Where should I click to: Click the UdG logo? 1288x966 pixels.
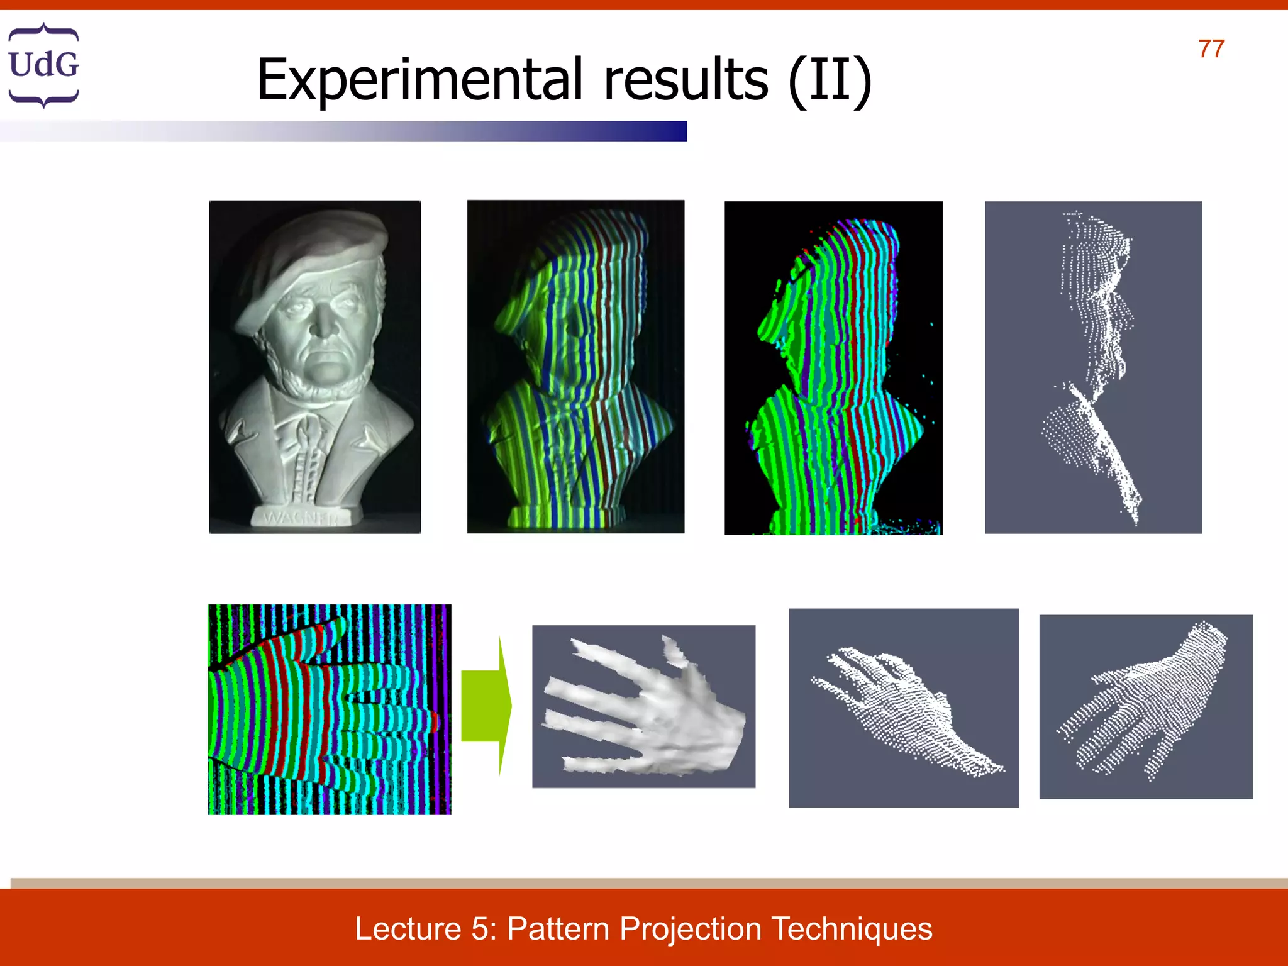coord(43,65)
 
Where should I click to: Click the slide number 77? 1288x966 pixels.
coord(1211,49)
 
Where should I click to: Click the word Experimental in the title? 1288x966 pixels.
coord(419,80)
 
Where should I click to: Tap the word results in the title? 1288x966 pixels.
coord(686,80)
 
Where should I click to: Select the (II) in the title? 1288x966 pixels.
coord(830,81)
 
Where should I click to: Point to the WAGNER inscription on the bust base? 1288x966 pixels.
coord(301,518)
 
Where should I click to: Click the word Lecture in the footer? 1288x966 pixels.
coord(408,929)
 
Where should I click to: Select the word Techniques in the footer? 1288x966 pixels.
coord(852,929)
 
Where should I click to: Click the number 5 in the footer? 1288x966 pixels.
coord(481,929)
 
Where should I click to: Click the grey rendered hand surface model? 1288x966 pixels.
coord(643,706)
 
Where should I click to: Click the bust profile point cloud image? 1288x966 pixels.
coord(1093,367)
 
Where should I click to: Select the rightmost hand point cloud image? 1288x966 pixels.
coord(1145,706)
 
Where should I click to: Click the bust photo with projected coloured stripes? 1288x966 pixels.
coord(575,367)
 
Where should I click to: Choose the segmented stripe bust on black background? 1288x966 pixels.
coord(833,368)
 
